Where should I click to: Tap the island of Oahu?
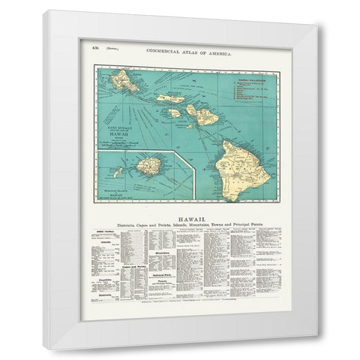[124, 81]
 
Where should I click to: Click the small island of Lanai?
[173, 113]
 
